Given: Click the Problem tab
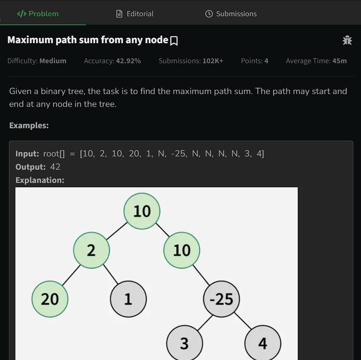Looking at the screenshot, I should coord(38,14).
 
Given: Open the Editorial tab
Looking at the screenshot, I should coord(135,14).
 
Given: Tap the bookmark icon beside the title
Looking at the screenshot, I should coord(174,41).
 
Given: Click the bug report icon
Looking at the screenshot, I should coord(347,40).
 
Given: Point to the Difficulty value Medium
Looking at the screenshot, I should coord(53,61).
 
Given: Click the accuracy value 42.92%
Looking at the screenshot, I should coord(128,61).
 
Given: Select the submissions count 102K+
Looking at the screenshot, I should coord(213,61).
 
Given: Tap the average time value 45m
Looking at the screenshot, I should coord(339,61).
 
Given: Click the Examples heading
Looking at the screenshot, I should coord(29,125).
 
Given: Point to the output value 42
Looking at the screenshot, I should coord(55,167).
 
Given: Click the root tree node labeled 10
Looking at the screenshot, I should coord(142,211).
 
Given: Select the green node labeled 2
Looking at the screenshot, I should coord(91,250).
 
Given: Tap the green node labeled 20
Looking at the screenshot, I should coord(50,299).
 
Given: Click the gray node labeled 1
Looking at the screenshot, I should coord(128,299).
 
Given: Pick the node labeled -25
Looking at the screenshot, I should coord(221,299).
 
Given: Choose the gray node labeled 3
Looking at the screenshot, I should coord(184,343).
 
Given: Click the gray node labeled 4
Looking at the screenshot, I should coord(262,343).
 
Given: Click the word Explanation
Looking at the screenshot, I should coord(40,180).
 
